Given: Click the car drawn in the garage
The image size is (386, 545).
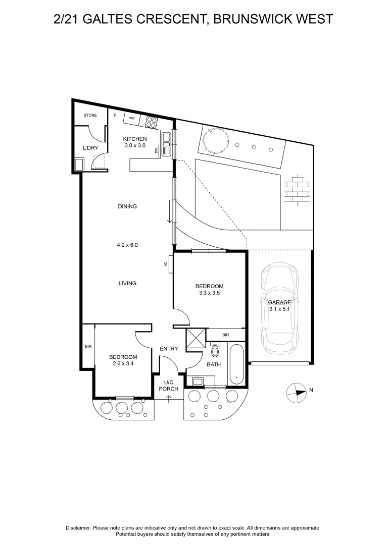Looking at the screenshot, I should [x=279, y=308].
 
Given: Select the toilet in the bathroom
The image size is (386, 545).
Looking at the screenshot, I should [x=216, y=350].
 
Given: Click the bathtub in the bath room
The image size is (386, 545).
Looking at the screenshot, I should [x=235, y=363].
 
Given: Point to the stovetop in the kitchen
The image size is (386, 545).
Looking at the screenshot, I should [x=152, y=122].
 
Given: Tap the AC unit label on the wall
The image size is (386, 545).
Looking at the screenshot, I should [x=166, y=263].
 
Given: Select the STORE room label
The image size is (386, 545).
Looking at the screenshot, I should [x=90, y=116].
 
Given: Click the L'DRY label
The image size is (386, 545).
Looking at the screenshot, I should [x=90, y=148].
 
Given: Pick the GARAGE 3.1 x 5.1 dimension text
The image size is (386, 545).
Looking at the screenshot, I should [x=279, y=306].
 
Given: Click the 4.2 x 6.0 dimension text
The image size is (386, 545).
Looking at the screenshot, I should [x=127, y=245].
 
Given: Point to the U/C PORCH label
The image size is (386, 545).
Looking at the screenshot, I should [x=168, y=386].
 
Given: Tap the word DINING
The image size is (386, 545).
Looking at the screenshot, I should [x=127, y=206].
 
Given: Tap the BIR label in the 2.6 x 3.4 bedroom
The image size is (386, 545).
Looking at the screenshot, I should [x=88, y=347].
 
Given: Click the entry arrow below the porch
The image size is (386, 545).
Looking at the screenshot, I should [x=168, y=399].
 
